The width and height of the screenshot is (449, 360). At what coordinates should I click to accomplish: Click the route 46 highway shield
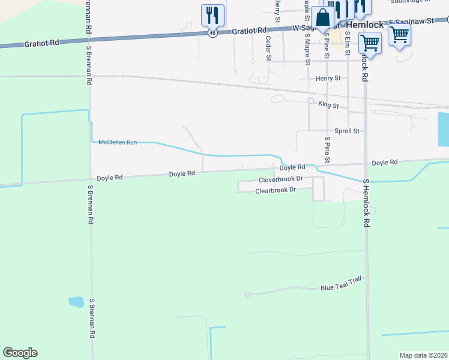pyautogui.click(x=212, y=34)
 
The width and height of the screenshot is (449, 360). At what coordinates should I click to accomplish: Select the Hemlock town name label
pyautogui.click(x=365, y=26)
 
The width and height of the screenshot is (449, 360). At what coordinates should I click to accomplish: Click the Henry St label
pyautogui.click(x=328, y=78)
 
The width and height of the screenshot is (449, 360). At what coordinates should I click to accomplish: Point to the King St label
pyautogui.click(x=328, y=106)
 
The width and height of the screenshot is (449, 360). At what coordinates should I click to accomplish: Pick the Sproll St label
pyautogui.click(x=346, y=131)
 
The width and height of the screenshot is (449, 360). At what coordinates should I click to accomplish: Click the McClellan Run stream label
pyautogui.click(x=118, y=142)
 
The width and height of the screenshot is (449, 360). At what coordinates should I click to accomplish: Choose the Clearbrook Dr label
pyautogui.click(x=276, y=190)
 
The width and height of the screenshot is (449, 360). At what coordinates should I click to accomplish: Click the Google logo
pyautogui.click(x=20, y=353)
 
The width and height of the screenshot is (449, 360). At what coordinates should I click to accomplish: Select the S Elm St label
pyautogui.click(x=348, y=45)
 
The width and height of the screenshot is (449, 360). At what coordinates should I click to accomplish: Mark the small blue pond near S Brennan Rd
pyautogui.click(x=76, y=302)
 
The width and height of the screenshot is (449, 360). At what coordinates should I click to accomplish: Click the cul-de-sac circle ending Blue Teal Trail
pyautogui.click(x=247, y=295)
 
